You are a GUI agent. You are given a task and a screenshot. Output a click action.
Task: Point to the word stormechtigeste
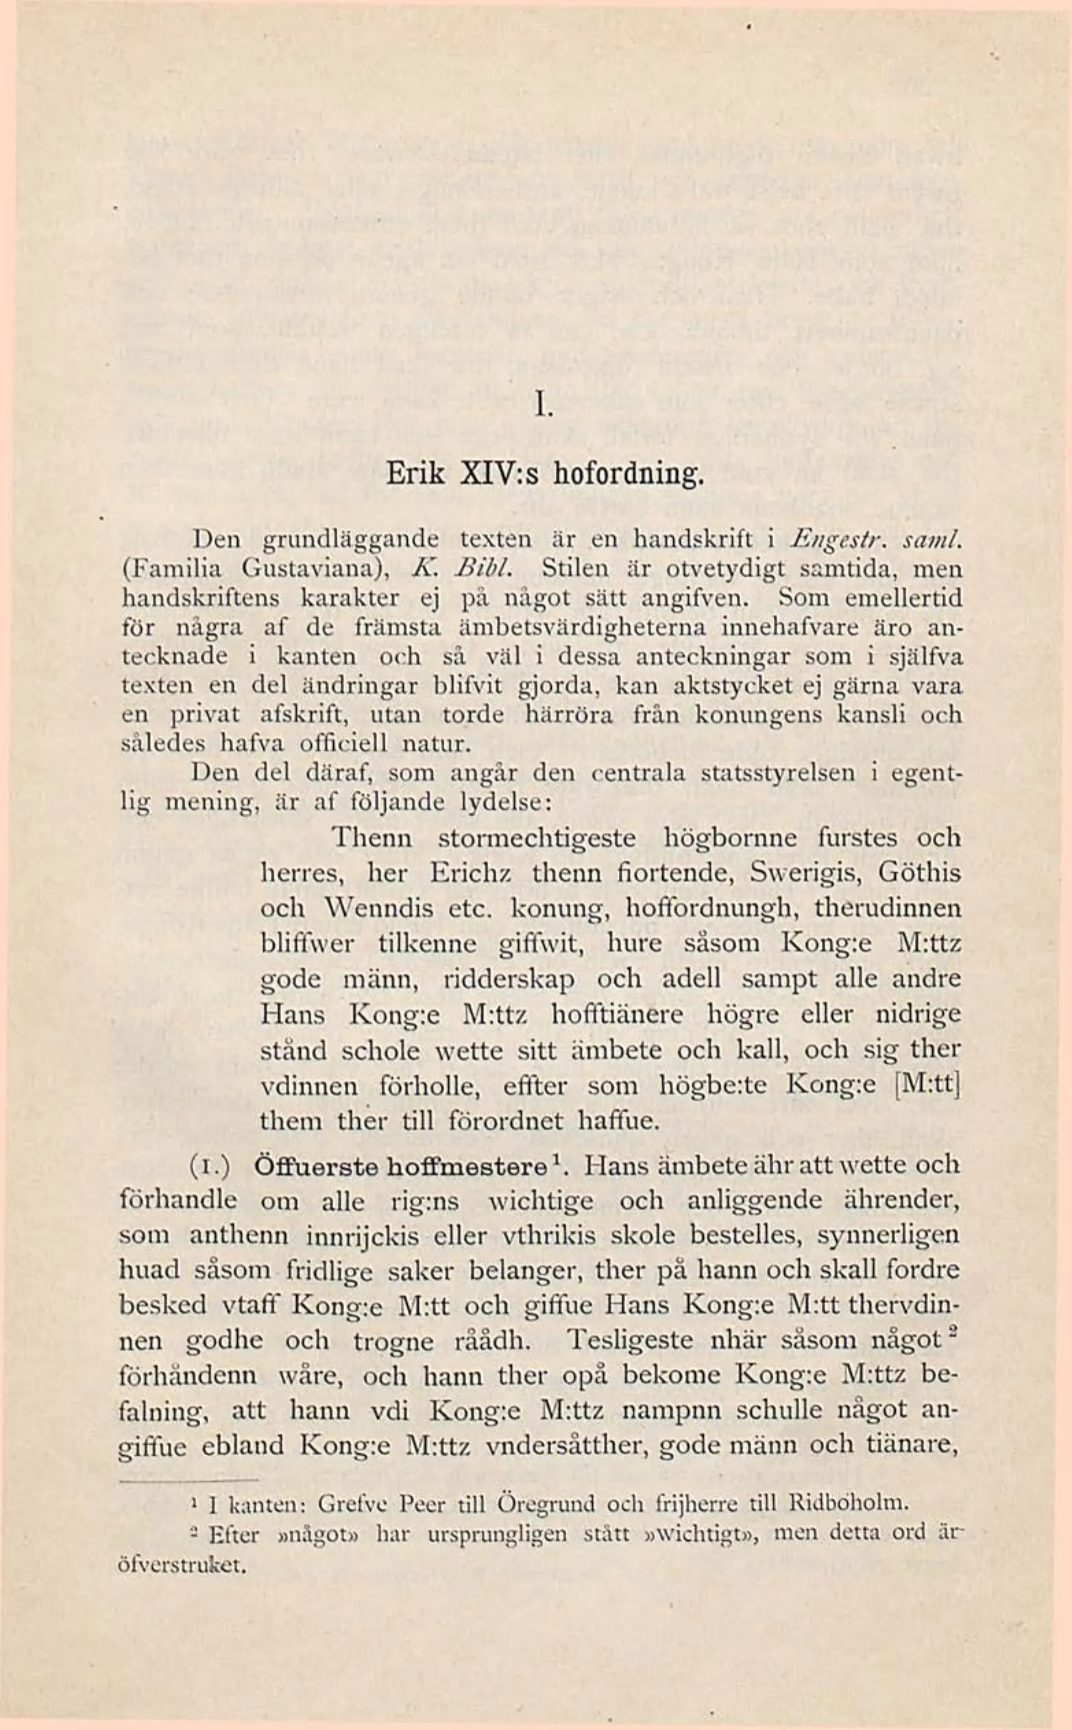point(538,839)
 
